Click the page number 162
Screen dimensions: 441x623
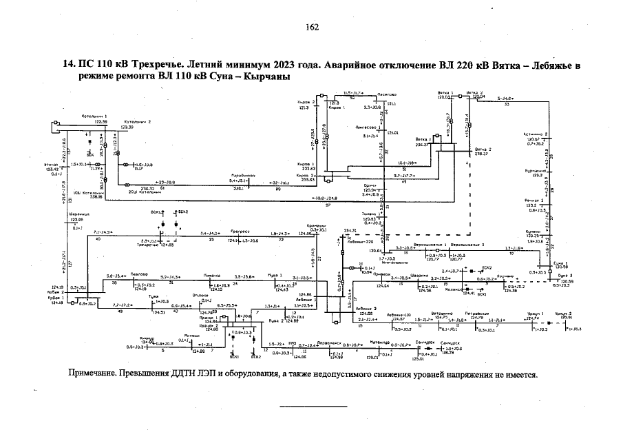tap(311, 27)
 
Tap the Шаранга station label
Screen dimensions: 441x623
tap(77, 214)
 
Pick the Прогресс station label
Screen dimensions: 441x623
tap(240, 233)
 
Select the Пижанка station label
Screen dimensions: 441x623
tap(211, 274)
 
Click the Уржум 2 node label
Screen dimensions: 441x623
tap(566, 314)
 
